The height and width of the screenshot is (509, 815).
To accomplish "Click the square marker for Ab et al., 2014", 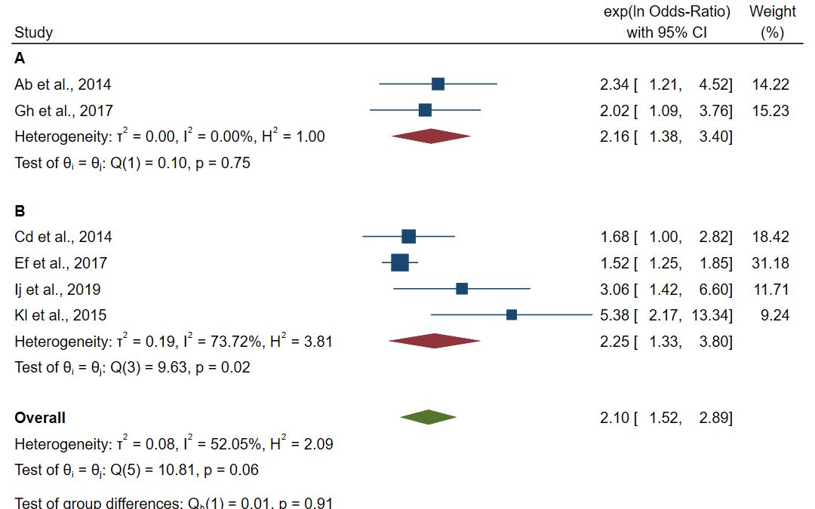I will point(438,84).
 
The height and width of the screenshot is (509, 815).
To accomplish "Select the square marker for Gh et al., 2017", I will point(425,110).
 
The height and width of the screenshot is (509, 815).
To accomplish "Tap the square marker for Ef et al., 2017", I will point(400,262).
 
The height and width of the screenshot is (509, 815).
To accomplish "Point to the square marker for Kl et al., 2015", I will point(512,314).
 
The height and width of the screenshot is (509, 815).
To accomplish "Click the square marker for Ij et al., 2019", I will point(462,288).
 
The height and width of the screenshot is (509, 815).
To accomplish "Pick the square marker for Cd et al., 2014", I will point(408,237).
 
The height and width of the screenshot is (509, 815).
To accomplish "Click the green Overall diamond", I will point(428,417).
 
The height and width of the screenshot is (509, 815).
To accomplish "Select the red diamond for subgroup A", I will point(431,136).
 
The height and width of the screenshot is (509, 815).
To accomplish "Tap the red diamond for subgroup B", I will point(434,341).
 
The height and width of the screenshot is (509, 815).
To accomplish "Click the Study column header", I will point(33,32).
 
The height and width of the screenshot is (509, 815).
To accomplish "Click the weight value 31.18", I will point(770,263).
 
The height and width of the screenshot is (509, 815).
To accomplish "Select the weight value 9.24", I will point(775,315).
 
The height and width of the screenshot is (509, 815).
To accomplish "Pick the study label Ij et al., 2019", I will point(57,290).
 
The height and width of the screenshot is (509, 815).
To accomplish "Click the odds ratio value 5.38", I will point(614,315).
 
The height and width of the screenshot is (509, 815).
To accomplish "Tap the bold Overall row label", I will point(40,418).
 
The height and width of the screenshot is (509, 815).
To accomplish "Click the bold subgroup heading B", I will point(20,211).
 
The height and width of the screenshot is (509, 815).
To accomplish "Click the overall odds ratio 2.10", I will point(614,418).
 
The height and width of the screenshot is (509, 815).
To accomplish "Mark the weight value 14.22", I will point(770,84).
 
